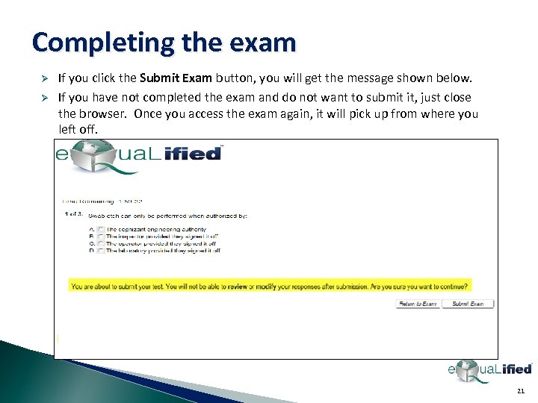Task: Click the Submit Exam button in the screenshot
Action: pyautogui.click(x=468, y=304)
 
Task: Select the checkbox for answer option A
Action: pyautogui.click(x=101, y=229)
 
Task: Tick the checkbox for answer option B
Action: pyautogui.click(x=101, y=237)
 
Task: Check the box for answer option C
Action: pyautogui.click(x=101, y=243)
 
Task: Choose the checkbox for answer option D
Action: pyautogui.click(x=101, y=251)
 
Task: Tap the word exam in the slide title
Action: pyautogui.click(x=265, y=42)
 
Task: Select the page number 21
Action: pyautogui.click(x=520, y=391)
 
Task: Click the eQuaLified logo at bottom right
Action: pyautogui.click(x=489, y=369)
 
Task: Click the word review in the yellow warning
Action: pyautogui.click(x=238, y=286)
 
